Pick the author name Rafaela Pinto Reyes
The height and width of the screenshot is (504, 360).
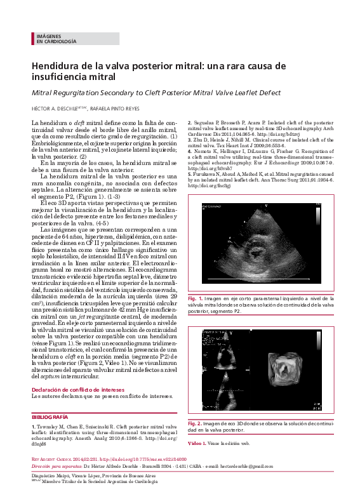coord(116,109)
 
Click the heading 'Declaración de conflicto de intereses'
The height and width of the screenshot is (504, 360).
coord(78,389)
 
